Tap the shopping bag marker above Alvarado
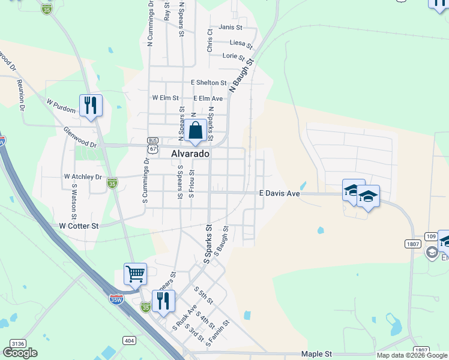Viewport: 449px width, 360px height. pos(196,130)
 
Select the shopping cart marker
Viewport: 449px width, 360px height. pos(136,274)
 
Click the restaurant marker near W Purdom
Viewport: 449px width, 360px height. pos(91,106)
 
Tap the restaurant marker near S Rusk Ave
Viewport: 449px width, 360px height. pos(163,301)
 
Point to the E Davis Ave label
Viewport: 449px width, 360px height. pos(279,193)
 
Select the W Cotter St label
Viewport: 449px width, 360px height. pos(79,226)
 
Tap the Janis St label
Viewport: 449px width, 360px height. pos(231,27)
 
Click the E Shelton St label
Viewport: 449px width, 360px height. pos(209,83)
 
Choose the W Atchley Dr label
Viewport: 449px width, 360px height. pos(83,177)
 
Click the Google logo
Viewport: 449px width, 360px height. pos(20,353)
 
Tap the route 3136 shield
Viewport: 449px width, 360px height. pos(18,343)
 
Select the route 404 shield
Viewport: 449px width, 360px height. pos(130,340)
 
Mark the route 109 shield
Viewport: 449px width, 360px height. pos(430,236)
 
